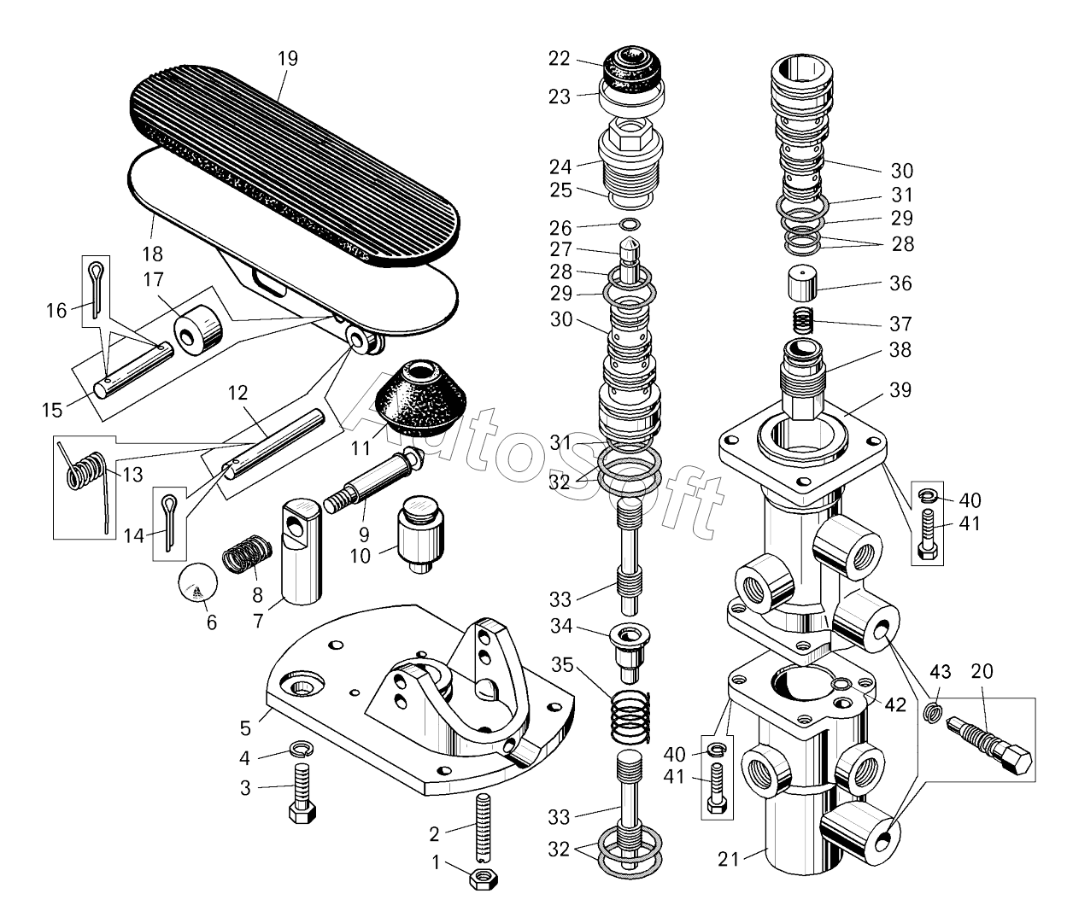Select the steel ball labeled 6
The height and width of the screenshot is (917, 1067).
tap(196, 587)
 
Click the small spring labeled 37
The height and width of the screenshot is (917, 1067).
tap(801, 323)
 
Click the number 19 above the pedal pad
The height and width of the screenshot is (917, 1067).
tap(288, 59)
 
